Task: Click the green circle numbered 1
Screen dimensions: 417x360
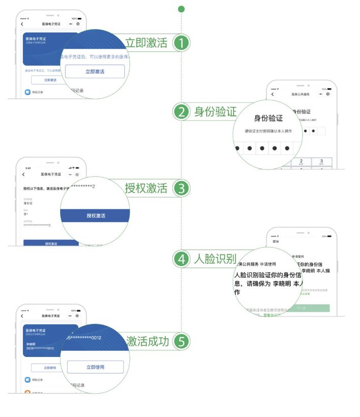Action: [x=181, y=43]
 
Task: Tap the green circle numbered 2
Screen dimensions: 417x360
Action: [x=181, y=112]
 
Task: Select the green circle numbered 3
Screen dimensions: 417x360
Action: [x=181, y=188]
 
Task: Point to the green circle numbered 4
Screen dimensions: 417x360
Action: [x=181, y=259]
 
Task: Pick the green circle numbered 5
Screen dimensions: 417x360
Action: [x=181, y=341]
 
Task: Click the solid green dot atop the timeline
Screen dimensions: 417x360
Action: [x=181, y=9]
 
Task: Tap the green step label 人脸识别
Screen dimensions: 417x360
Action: [x=215, y=259]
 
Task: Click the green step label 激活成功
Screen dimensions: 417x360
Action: [x=147, y=341]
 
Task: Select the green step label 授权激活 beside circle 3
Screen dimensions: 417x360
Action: [x=146, y=188]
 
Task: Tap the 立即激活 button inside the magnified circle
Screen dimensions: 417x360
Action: [x=95, y=72]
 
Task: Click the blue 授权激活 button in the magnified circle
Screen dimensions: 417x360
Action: [x=96, y=215]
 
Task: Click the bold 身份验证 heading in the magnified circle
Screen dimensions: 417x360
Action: [x=268, y=119]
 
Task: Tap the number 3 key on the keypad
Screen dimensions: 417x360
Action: [x=321, y=162]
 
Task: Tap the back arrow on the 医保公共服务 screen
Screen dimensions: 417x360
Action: [x=272, y=94]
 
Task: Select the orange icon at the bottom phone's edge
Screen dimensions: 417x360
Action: [x=27, y=392]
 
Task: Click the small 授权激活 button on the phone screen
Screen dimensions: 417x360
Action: [x=51, y=243]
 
